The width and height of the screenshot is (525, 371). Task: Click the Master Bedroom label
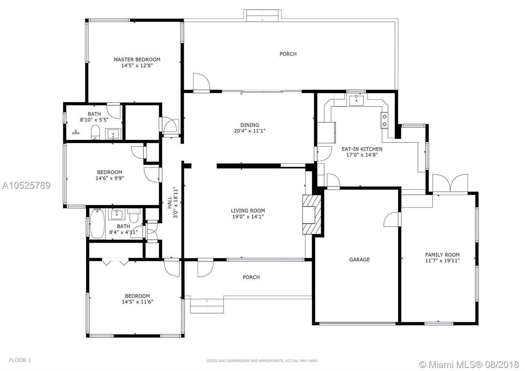(x=137, y=59)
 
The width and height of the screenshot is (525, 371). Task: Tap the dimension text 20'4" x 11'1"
(x=250, y=131)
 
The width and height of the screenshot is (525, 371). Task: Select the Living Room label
(x=248, y=210)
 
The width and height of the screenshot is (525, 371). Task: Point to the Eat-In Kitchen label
(x=362, y=149)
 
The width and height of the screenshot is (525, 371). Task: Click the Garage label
(x=360, y=260)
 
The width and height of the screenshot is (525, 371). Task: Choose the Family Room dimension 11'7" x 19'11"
(x=442, y=261)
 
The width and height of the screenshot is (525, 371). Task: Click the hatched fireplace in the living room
(x=312, y=215)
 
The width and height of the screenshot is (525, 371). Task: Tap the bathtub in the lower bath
(x=97, y=223)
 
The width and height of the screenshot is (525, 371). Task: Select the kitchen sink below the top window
(x=356, y=100)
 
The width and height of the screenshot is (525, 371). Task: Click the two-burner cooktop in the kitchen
(x=384, y=120)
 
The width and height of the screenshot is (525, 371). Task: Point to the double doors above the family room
(x=450, y=184)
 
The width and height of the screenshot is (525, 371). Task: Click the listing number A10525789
(x=26, y=185)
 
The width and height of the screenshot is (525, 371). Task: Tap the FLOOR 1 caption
(x=20, y=360)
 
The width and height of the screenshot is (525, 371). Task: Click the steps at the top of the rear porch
(x=262, y=16)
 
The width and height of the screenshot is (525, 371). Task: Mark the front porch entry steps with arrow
(x=207, y=306)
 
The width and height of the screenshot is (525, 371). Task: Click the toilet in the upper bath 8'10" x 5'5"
(x=95, y=133)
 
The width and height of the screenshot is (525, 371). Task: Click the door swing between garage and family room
(x=392, y=219)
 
